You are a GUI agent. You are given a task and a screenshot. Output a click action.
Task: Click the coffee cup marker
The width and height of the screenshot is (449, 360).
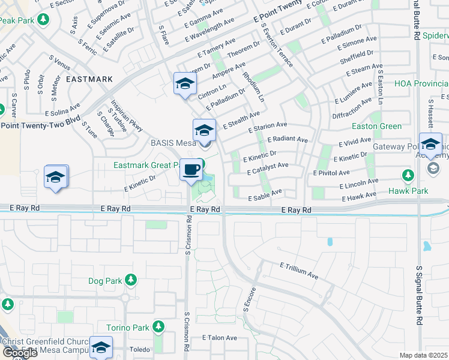click(x=191, y=170)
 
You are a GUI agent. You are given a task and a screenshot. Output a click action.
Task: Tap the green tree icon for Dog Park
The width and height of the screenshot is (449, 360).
click(x=130, y=280)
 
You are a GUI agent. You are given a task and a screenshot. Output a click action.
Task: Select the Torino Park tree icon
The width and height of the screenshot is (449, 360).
click(x=158, y=327)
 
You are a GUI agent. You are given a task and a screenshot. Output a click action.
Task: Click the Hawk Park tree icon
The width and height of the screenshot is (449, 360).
click(x=408, y=175)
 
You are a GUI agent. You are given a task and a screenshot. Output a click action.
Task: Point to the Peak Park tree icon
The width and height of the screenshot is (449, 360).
click(x=43, y=20)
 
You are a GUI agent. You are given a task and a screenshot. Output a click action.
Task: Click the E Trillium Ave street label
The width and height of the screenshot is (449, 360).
click(x=298, y=271)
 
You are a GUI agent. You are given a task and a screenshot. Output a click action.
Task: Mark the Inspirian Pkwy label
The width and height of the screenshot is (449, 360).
click(x=125, y=115)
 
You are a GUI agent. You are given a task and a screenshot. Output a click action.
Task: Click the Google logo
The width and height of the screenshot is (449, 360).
click(x=20, y=353)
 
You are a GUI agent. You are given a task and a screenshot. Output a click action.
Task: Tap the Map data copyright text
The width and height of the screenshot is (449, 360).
click(x=423, y=355)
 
